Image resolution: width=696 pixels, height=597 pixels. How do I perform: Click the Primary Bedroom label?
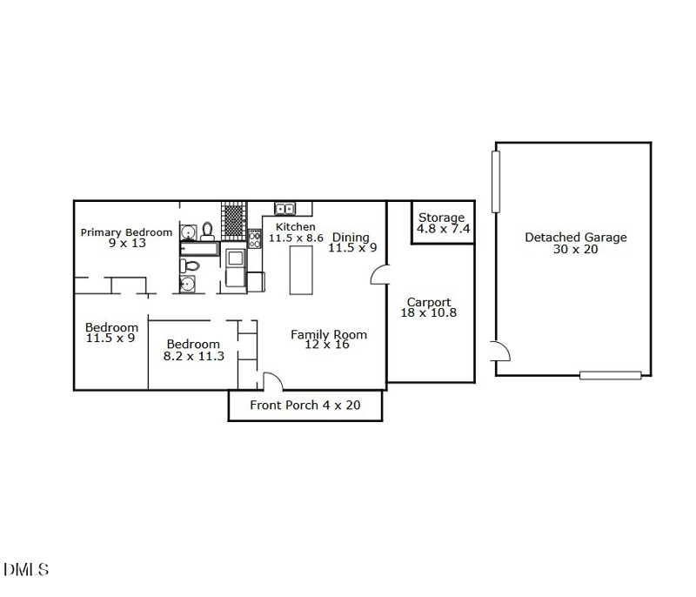(x=126, y=232)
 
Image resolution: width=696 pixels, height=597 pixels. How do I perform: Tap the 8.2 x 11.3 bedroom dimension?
(x=194, y=356)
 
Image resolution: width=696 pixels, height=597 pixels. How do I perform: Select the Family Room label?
(x=328, y=334)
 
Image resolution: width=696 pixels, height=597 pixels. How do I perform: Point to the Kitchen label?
(x=296, y=227)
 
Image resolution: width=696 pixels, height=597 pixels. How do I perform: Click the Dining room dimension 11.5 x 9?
(x=351, y=248)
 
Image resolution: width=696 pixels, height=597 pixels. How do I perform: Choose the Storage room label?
(x=441, y=218)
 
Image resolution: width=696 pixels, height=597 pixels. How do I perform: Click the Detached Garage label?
(x=575, y=238)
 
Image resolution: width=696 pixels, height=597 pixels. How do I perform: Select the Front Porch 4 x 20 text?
(x=304, y=405)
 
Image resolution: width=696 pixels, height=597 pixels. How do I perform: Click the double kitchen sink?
(x=285, y=209)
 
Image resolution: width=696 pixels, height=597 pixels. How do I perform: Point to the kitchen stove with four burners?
(x=255, y=239)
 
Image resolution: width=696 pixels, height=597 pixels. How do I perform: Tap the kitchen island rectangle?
(x=301, y=270)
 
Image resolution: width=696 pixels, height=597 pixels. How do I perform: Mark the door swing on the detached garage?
(x=501, y=352)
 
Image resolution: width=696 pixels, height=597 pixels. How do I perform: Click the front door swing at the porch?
(x=271, y=381)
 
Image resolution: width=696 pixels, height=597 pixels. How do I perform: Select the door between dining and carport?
(x=379, y=276)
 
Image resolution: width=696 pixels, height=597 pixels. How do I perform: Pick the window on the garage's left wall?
(x=496, y=180)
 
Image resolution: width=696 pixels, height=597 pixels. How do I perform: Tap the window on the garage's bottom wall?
(x=611, y=375)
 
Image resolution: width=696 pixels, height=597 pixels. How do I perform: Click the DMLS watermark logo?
(x=26, y=570)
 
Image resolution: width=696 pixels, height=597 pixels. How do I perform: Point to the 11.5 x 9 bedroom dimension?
(x=110, y=339)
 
